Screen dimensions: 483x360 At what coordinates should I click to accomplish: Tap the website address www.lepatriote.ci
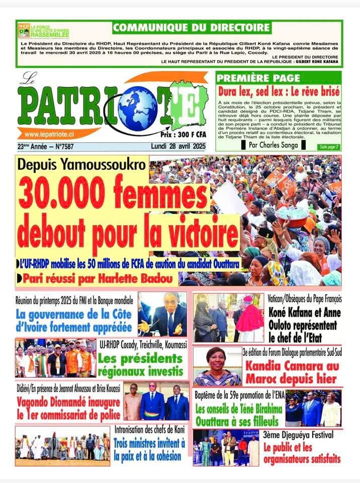[x=49, y=134]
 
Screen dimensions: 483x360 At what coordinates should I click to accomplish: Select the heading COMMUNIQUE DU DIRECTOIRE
[x=191, y=27]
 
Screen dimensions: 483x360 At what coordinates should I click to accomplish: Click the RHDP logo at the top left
[x=24, y=30]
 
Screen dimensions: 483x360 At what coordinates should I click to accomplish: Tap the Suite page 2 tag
[x=328, y=147]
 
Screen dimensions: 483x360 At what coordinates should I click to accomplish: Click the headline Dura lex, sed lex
[x=279, y=92]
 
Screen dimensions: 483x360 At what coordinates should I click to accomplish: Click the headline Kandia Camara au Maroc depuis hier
[x=292, y=372]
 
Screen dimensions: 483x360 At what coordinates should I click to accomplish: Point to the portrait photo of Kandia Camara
[x=217, y=366]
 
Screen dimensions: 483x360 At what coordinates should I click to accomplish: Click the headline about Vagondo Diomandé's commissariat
[x=68, y=409]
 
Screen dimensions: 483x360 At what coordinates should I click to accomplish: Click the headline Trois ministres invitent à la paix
[x=149, y=450]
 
